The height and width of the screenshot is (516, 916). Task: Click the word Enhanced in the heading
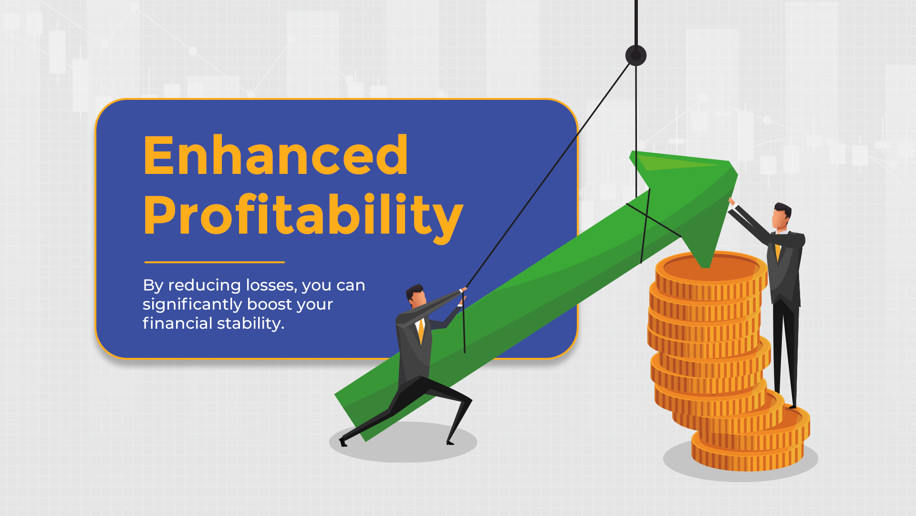point(275,155)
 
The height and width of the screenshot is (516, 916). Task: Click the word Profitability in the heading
point(302,216)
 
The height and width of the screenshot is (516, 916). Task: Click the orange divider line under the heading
point(214,262)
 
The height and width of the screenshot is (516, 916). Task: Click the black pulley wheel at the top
point(635,55)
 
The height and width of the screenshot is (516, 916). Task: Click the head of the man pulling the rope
point(416,295)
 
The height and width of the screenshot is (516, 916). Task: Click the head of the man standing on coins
point(781,216)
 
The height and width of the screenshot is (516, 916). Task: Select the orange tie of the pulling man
point(421,332)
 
